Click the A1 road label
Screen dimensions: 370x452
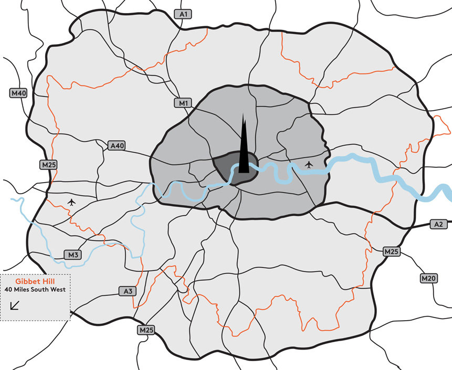183,15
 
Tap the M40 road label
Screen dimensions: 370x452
18,93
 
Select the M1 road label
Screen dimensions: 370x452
183,103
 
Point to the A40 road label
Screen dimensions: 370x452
116,145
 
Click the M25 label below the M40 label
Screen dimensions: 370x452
48,165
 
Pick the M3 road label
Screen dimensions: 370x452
73,255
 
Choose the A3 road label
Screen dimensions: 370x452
128,291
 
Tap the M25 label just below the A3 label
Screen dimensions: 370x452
146,330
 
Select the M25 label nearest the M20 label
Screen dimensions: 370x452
391,252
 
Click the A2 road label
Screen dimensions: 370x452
439,224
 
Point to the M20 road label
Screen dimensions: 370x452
428,278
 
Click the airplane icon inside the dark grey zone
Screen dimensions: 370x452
309,165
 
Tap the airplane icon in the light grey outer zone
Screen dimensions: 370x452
72,202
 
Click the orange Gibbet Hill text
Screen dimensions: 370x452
35,281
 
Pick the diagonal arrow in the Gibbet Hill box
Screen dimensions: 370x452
16,305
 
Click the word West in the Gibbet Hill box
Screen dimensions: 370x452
57,289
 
